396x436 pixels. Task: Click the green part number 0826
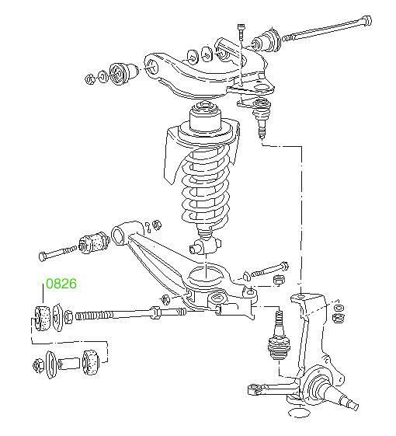click(61, 284)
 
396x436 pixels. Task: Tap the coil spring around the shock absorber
click(206, 189)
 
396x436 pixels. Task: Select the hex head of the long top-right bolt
click(366, 20)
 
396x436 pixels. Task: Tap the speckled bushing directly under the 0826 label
click(42, 318)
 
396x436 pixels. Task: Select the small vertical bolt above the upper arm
click(241, 33)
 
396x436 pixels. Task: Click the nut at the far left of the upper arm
click(89, 79)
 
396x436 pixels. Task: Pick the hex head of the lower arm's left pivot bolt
click(43, 256)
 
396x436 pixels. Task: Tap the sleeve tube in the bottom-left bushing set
click(68, 363)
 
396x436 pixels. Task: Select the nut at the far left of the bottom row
click(38, 365)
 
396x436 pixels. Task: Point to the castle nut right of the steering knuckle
click(338, 317)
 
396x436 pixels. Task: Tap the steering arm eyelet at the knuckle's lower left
click(253, 389)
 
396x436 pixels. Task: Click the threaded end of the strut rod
click(94, 316)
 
